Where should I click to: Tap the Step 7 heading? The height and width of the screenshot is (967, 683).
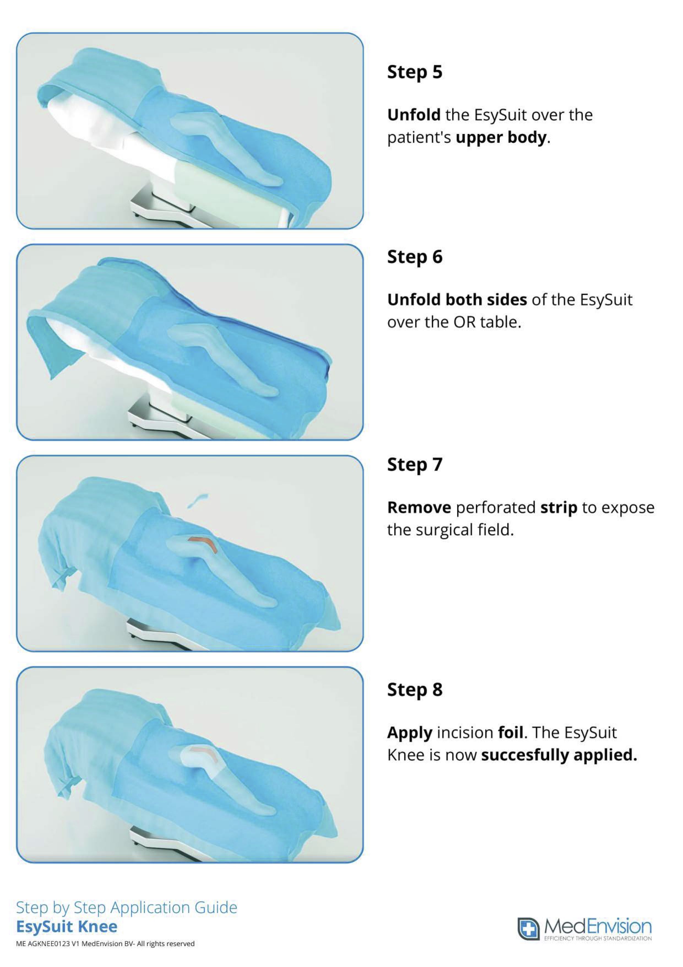click(415, 465)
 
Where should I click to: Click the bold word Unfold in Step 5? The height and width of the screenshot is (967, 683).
click(414, 115)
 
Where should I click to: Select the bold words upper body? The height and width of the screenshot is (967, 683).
click(501, 138)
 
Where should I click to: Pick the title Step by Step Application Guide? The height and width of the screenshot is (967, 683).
click(126, 907)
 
